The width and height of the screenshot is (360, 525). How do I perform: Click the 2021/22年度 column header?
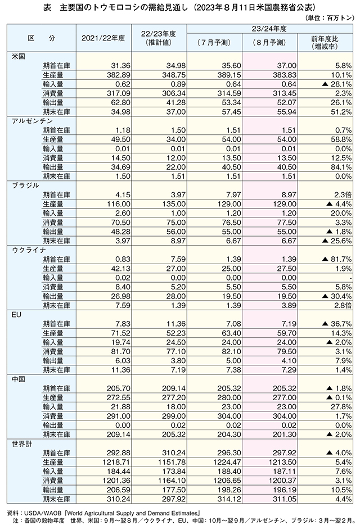(103, 38)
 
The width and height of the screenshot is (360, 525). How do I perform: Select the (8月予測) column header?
(269, 43)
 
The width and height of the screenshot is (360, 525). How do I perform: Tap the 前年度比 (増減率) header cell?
(325, 43)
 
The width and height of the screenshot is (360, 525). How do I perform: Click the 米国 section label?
(19, 56)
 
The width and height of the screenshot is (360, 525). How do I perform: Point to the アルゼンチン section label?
(32, 121)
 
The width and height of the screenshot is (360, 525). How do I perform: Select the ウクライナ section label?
(29, 250)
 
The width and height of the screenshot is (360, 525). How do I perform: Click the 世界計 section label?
(22, 443)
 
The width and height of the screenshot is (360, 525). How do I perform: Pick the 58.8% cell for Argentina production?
(341, 139)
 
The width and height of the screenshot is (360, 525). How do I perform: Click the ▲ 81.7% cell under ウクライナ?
(336, 259)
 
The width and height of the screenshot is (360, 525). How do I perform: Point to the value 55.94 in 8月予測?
(286, 112)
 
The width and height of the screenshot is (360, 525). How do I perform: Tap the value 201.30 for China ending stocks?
(284, 435)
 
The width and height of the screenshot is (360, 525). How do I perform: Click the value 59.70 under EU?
(286, 333)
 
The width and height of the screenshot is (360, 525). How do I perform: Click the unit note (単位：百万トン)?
(330, 18)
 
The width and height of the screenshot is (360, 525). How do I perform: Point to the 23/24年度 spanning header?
(269, 29)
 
